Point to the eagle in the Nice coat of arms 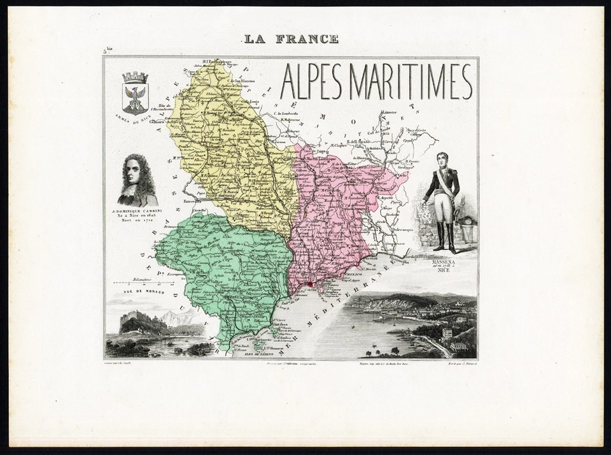click(135, 96)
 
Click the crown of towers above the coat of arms click(135, 77)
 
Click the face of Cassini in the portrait click(135, 171)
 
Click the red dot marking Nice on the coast click(310, 285)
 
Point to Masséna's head click(442, 159)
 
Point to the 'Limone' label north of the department click(388, 113)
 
